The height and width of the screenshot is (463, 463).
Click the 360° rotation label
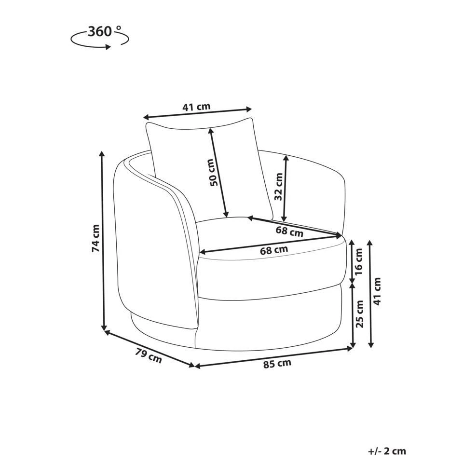[x=105, y=31]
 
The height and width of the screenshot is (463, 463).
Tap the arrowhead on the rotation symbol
[x=109, y=47]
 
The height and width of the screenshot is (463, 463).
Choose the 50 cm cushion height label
[x=215, y=173]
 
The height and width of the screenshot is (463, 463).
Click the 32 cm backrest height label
[x=278, y=187]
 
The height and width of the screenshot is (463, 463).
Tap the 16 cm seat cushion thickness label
[x=358, y=261]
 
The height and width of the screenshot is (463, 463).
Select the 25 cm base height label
[x=359, y=314]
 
